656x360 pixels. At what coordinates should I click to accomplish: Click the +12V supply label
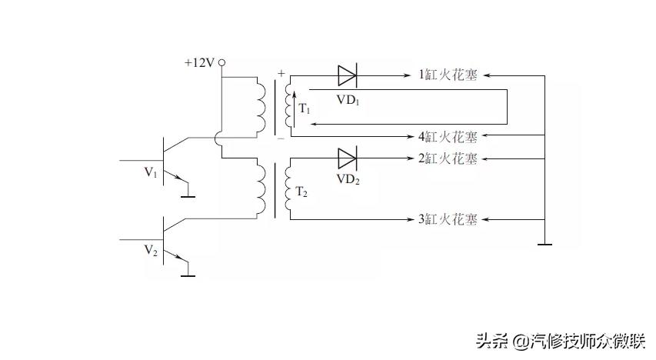(198, 63)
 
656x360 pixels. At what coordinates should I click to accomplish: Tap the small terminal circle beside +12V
(221, 62)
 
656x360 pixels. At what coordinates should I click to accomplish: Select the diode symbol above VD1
(347, 75)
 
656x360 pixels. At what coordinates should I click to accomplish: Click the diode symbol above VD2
(347, 158)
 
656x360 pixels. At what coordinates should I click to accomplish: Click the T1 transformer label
(304, 109)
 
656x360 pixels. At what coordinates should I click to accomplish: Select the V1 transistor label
(151, 173)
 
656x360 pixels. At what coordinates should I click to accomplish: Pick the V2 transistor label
(151, 252)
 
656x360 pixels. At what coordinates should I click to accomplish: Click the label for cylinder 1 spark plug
(448, 75)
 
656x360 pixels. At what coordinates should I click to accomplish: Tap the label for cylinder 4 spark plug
(448, 137)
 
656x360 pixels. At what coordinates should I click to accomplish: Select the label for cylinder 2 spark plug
(448, 158)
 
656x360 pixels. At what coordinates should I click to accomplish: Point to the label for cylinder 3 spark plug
(448, 219)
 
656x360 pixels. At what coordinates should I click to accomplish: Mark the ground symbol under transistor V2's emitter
(187, 275)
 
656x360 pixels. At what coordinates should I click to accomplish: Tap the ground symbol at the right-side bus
(544, 245)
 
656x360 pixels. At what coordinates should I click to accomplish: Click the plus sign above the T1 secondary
(281, 74)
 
